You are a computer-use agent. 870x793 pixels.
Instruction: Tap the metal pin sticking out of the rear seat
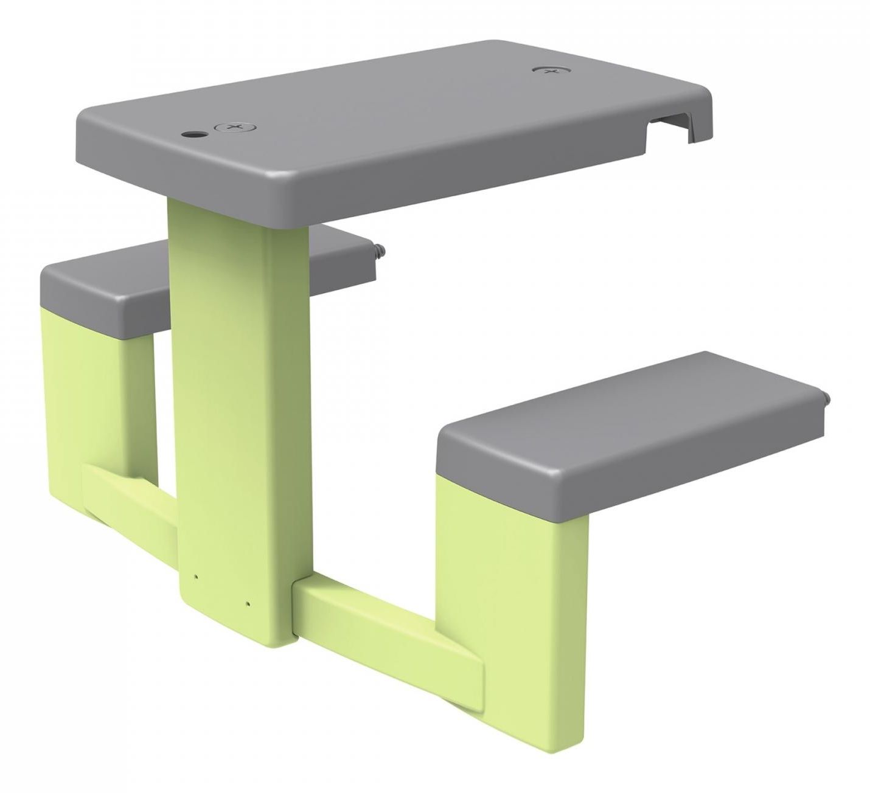[x=381, y=249]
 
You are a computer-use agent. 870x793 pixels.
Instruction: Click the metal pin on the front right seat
[x=826, y=398]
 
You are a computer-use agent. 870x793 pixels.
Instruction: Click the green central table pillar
[x=237, y=395]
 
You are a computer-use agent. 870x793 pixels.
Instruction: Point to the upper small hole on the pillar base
[x=195, y=576]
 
